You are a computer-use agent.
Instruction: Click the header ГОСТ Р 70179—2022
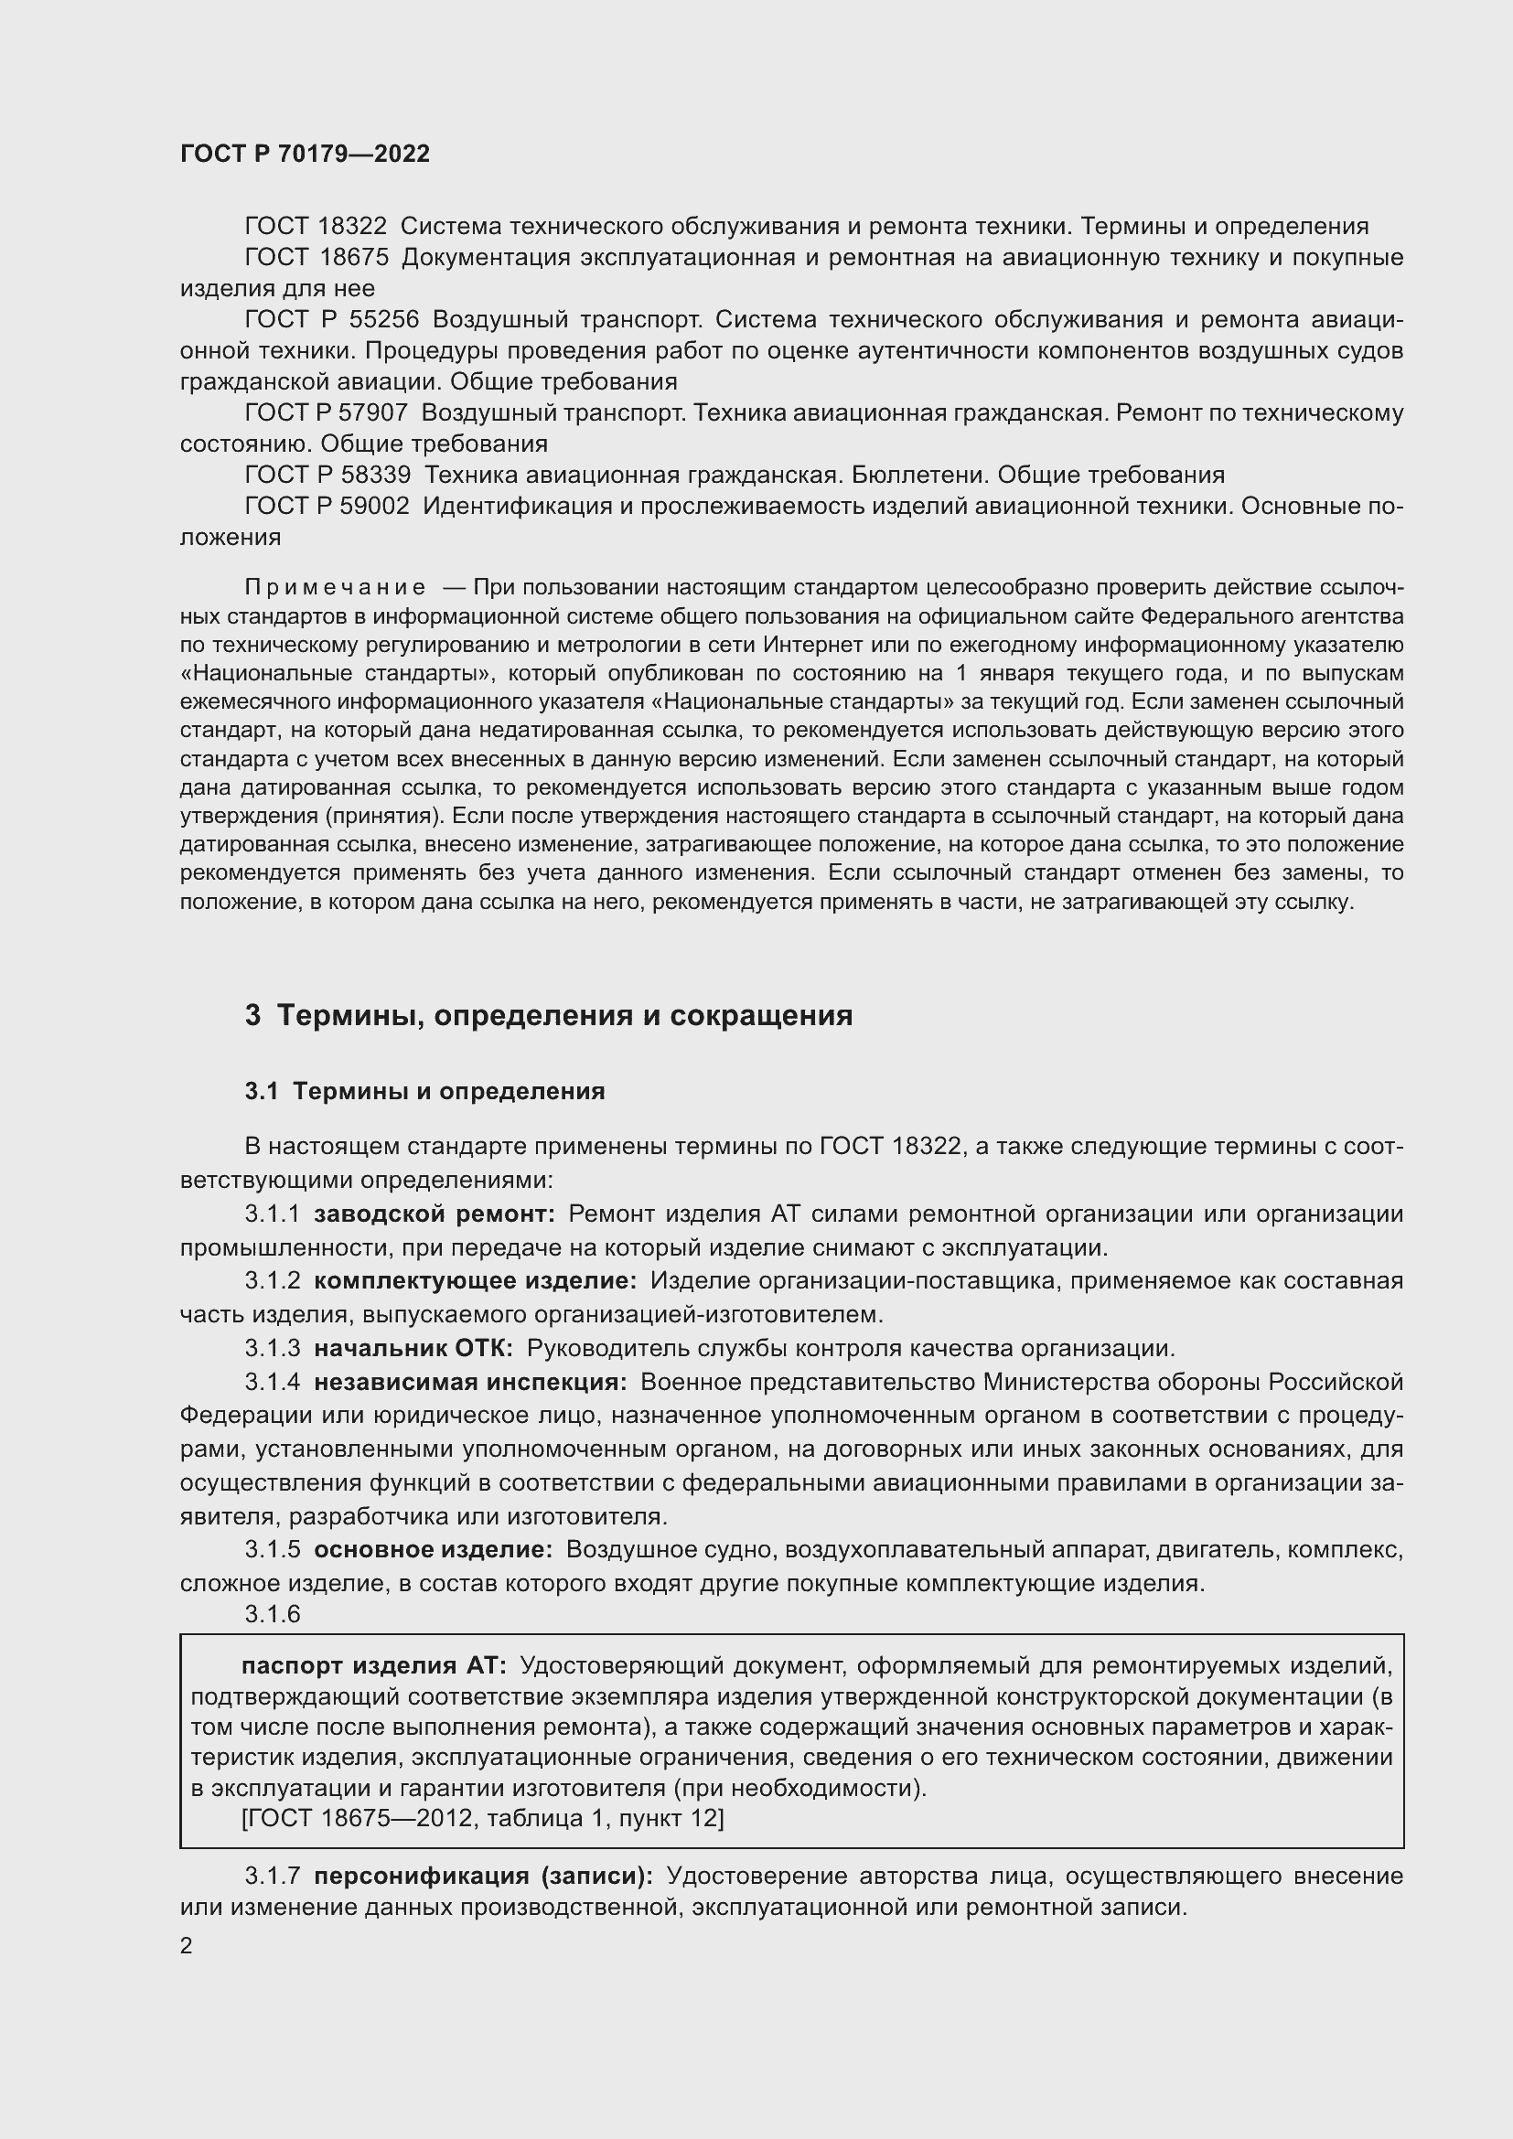[x=305, y=154]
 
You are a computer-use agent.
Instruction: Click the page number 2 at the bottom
[x=187, y=1945]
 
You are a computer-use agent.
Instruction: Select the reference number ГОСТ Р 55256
[x=332, y=319]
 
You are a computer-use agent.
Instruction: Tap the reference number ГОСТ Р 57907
[x=326, y=412]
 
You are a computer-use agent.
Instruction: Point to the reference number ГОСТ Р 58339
[x=327, y=476]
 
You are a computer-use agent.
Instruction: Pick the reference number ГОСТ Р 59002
[x=327, y=506]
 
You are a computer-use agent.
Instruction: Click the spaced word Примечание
[x=336, y=587]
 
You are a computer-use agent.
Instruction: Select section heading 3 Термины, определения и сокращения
[x=549, y=1014]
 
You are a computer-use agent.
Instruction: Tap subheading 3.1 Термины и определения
[x=424, y=1091]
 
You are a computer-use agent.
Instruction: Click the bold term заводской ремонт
[x=435, y=1214]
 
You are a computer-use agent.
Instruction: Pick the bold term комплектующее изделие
[x=475, y=1281]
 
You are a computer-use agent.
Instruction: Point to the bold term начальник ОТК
[x=413, y=1348]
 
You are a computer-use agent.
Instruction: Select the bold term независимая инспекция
[x=469, y=1382]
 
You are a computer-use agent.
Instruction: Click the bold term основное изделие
[x=434, y=1549]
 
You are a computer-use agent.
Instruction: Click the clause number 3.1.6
[x=273, y=1614]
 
